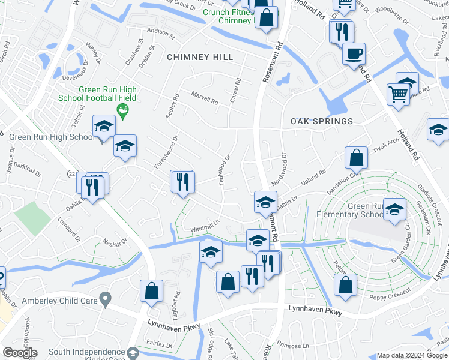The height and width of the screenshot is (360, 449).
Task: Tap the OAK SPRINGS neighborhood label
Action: click(322, 121)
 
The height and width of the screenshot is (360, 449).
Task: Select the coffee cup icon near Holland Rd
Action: click(354, 53)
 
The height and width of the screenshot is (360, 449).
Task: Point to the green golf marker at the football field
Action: click(123, 109)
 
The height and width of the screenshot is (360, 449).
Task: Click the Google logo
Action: click(20, 353)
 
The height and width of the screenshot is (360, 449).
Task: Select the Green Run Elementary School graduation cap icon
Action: click(394, 209)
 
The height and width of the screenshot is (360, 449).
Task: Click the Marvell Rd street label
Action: click(205, 97)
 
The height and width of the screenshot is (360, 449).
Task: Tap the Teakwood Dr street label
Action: click(225, 170)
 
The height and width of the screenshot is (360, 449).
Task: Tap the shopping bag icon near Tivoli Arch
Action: click(356, 158)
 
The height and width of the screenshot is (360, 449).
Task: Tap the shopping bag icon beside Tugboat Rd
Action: click(152, 291)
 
